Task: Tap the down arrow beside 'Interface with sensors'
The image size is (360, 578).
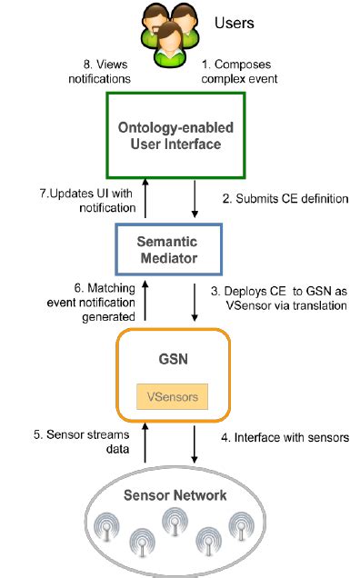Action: tap(195, 445)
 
